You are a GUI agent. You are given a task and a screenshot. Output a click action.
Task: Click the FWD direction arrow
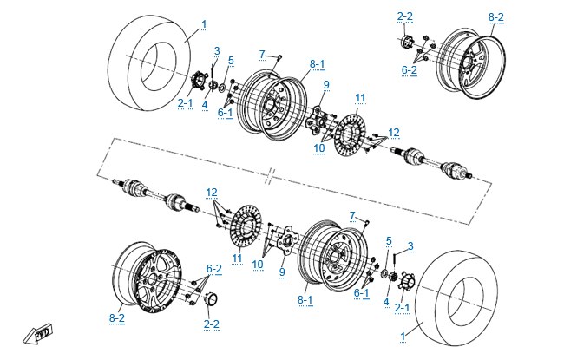click(x=37, y=335)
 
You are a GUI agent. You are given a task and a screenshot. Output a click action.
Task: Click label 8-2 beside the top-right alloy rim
click(x=496, y=17)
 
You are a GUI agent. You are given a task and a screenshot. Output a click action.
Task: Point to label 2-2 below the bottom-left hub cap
click(x=211, y=324)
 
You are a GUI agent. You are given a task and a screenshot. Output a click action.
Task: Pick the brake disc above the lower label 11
click(x=246, y=226)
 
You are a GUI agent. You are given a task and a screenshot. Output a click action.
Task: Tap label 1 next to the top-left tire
click(x=204, y=24)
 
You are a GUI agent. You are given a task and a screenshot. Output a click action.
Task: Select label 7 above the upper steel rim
click(x=262, y=55)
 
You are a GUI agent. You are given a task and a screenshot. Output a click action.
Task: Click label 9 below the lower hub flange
click(x=282, y=272)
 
